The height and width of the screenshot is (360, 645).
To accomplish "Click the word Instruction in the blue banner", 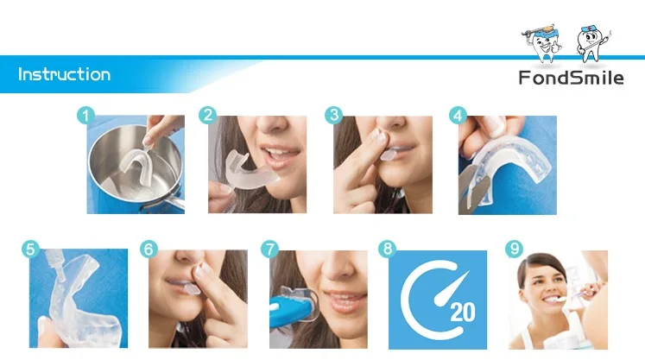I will (65, 74).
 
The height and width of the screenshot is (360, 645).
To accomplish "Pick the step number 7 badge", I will (270, 249).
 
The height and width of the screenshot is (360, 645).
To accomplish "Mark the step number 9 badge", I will (515, 249).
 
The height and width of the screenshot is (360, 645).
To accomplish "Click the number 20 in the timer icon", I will (462, 312).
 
